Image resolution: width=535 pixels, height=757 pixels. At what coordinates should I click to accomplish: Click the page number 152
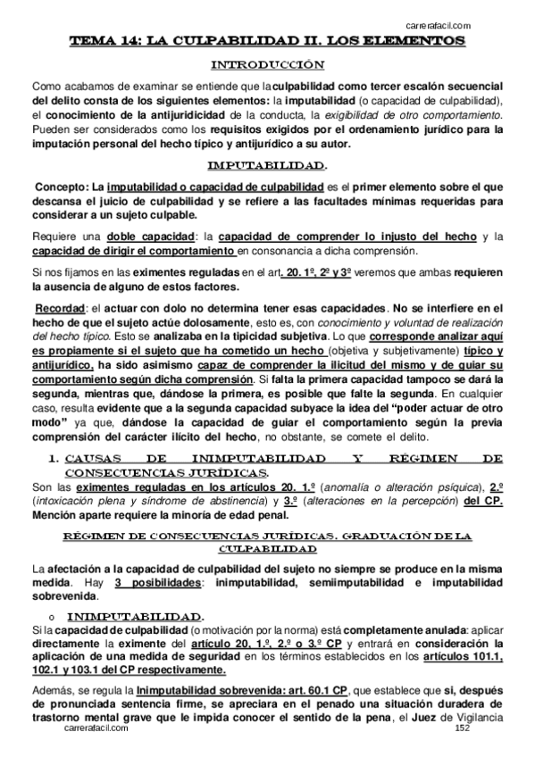462,729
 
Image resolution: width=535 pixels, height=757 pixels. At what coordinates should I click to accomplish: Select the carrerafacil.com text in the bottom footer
97,729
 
